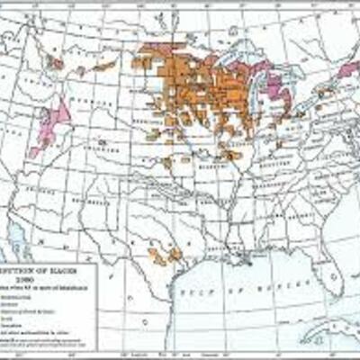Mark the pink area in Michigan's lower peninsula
point(274,85)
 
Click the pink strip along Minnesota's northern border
point(162,48)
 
